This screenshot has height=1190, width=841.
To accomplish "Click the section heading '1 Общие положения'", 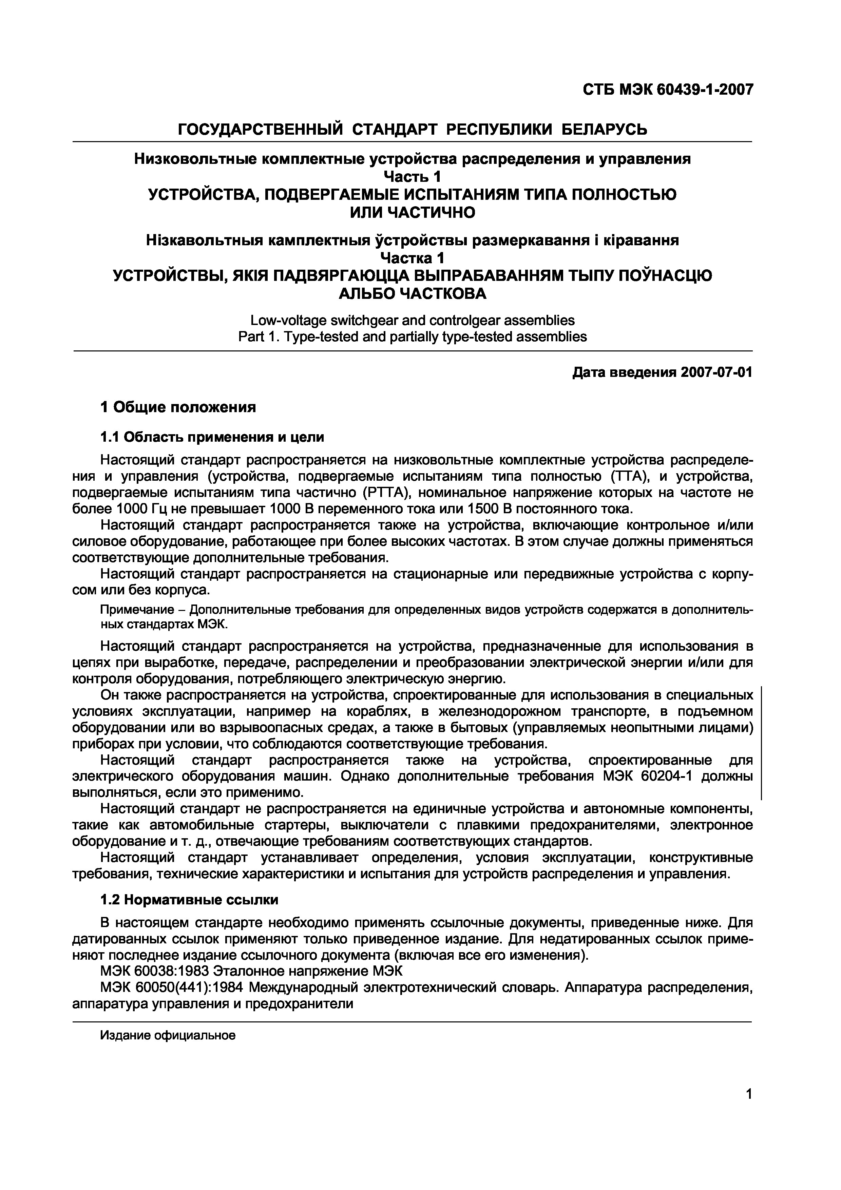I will coord(178,407).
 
